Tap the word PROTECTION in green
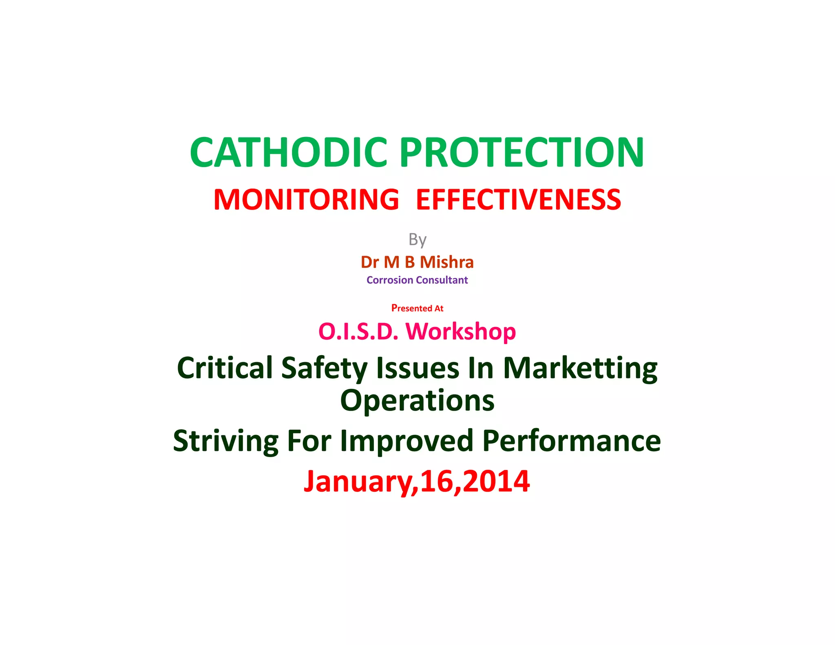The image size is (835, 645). point(522,153)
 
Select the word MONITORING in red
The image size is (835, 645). point(306,200)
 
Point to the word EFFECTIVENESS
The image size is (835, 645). point(518,200)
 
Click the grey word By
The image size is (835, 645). point(417,240)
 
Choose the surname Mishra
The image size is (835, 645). point(447,262)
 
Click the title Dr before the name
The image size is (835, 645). point(369,262)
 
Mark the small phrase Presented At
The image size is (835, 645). point(417,308)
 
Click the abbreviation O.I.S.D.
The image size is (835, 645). point(358,331)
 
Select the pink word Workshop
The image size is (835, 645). point(461,331)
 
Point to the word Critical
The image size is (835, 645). point(225,368)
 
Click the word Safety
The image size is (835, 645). point(325,368)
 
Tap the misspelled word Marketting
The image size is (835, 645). point(580,368)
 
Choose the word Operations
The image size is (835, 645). point(417,400)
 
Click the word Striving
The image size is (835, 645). point(226,441)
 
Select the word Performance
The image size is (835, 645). point(572,441)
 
